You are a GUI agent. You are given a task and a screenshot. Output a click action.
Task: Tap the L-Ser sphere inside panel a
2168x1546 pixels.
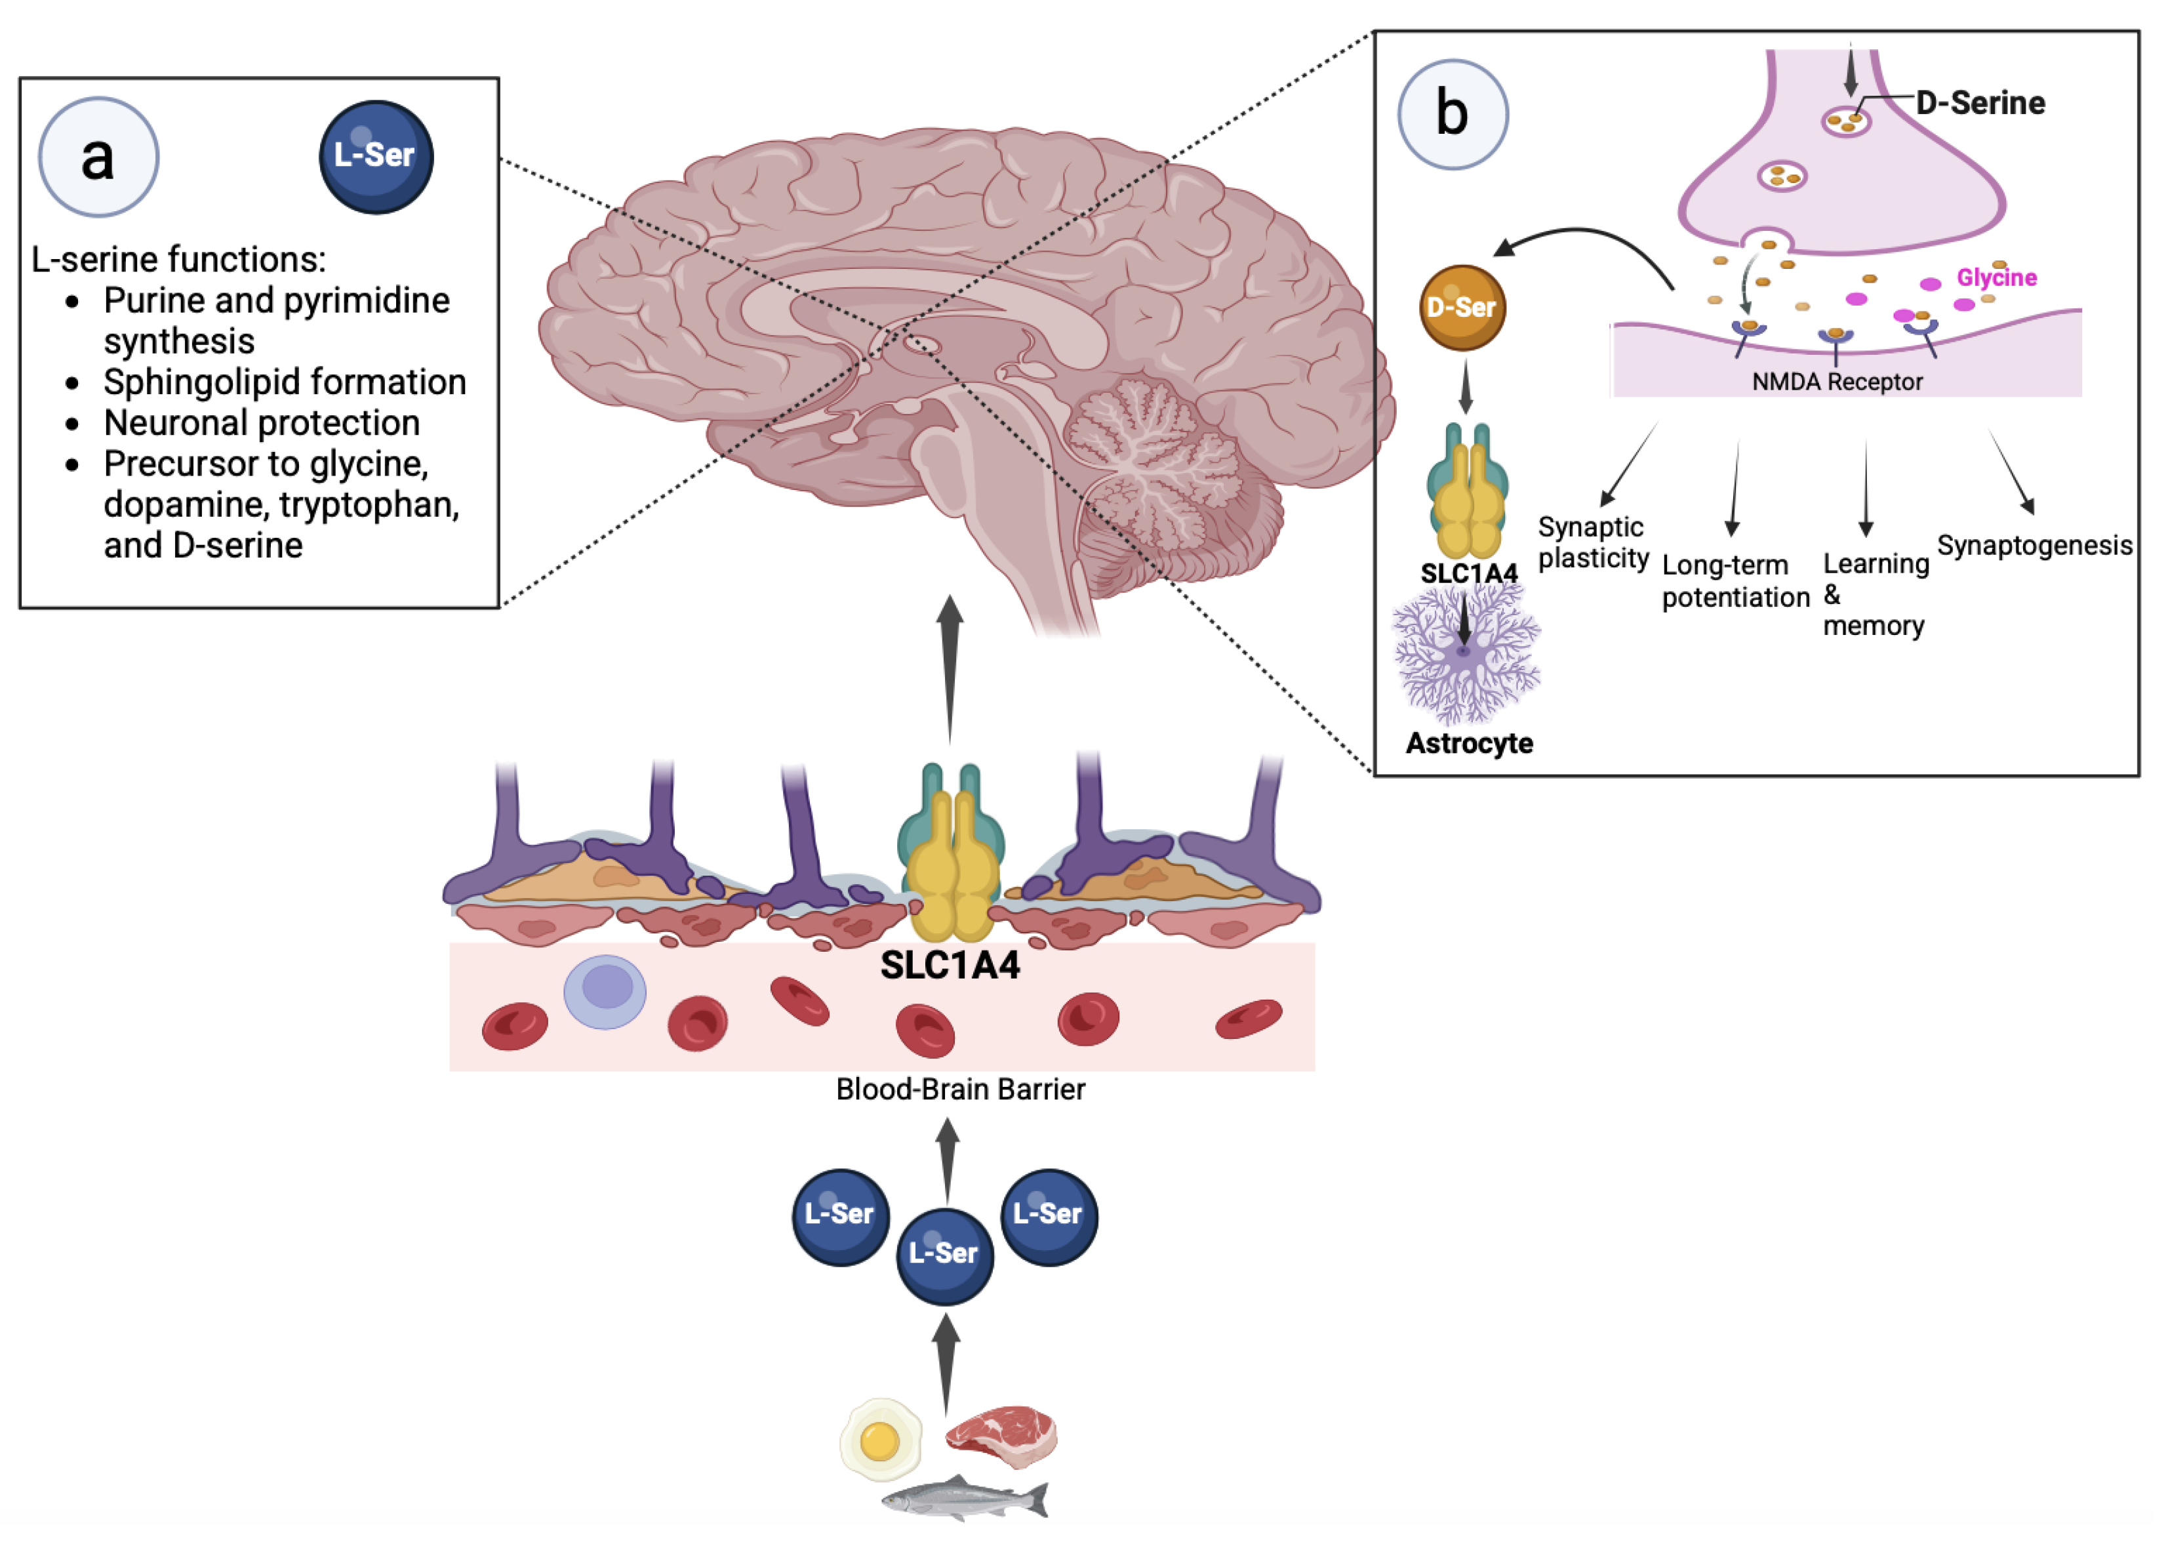(x=376, y=157)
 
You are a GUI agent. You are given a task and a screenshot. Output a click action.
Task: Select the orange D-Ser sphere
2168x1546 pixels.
(x=1462, y=308)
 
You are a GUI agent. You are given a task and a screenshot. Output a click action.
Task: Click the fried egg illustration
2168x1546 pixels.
(x=880, y=1439)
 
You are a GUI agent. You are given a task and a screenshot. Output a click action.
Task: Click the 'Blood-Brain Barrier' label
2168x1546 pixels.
(x=959, y=1089)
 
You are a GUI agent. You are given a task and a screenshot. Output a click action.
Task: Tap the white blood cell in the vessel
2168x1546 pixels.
(x=605, y=991)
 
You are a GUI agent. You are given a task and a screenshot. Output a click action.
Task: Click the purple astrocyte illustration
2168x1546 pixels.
(x=1466, y=655)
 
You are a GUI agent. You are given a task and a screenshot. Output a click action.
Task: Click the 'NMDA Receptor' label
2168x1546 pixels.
(x=1837, y=382)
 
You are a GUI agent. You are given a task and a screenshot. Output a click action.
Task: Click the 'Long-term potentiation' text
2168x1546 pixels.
(x=1735, y=580)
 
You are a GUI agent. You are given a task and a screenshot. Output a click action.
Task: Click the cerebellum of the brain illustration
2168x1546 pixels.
(x=1156, y=466)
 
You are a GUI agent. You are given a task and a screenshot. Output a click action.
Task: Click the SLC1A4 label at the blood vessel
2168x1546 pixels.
(x=950, y=966)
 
